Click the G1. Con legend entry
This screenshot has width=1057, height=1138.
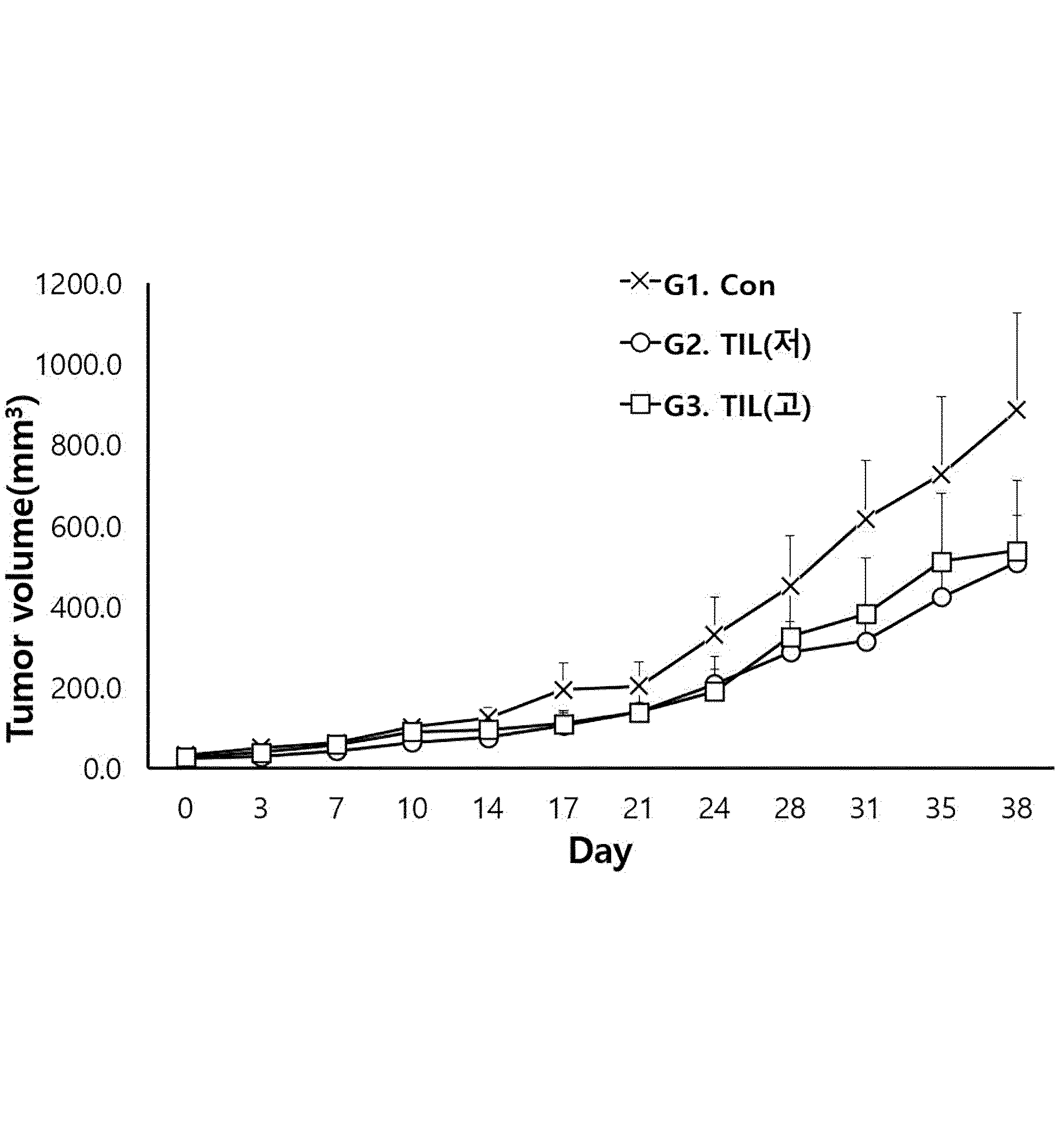(x=698, y=285)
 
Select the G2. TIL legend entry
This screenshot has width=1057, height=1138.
(x=715, y=344)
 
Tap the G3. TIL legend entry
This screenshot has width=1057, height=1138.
(x=715, y=406)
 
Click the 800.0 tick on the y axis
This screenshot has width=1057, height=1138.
(x=86, y=446)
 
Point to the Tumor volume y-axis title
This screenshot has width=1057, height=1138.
(x=22, y=570)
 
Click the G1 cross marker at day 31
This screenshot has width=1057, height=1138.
(x=866, y=520)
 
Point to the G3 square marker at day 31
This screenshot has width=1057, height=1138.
(x=866, y=615)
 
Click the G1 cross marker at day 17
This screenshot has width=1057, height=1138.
(x=563, y=689)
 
